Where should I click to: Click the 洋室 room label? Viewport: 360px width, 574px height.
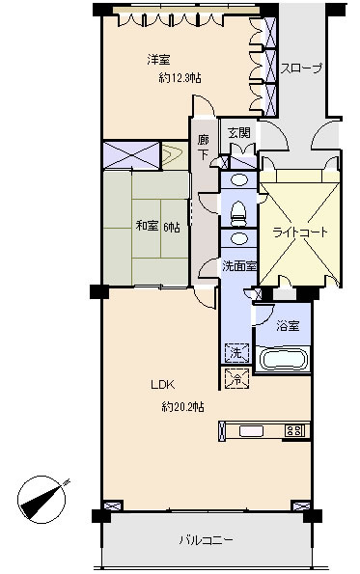click(x=158, y=60)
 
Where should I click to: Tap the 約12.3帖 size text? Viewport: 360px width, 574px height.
click(x=180, y=78)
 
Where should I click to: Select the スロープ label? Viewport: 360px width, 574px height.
click(x=301, y=68)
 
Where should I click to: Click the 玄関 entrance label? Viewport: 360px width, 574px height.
click(x=239, y=133)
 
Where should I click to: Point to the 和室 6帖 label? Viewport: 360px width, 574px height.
click(x=158, y=227)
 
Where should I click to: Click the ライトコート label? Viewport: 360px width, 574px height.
click(x=299, y=232)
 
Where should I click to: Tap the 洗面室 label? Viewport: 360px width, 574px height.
click(x=239, y=266)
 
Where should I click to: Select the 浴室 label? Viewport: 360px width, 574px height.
click(x=288, y=325)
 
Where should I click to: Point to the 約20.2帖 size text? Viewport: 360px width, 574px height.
click(x=182, y=406)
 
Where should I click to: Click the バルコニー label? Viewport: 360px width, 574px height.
click(x=206, y=540)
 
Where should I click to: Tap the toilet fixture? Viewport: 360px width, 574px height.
click(x=238, y=214)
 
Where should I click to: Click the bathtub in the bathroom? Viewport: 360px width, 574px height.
click(x=283, y=360)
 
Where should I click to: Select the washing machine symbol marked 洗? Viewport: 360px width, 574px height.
click(x=236, y=353)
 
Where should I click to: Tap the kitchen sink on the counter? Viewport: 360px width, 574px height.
click(x=252, y=431)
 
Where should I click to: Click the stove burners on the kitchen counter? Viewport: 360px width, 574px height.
click(x=294, y=431)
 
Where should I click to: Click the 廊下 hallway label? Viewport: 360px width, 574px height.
click(x=204, y=147)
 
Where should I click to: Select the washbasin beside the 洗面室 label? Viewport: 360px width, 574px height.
click(x=238, y=238)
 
